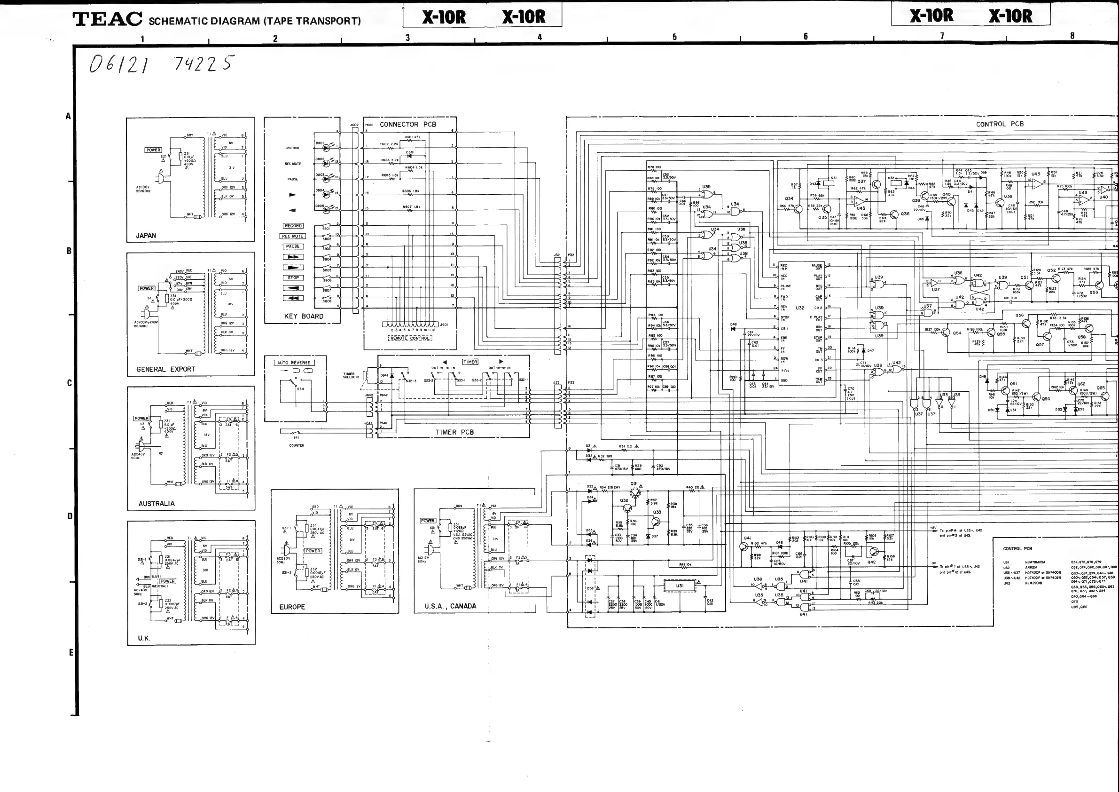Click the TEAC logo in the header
(107, 19)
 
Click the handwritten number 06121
(119, 64)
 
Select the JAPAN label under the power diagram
(146, 236)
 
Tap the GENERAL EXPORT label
(165, 369)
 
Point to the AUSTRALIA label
(156, 503)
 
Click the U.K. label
(144, 638)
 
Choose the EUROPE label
(292, 607)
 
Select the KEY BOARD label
(304, 316)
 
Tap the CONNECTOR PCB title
(407, 124)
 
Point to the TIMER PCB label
(454, 432)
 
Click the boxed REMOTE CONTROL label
(410, 338)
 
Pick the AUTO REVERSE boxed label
(293, 363)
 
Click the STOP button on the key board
(293, 277)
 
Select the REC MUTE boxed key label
(292, 236)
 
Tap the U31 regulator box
(680, 586)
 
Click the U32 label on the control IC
(800, 308)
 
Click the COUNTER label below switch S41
(297, 445)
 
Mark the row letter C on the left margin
(69, 383)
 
